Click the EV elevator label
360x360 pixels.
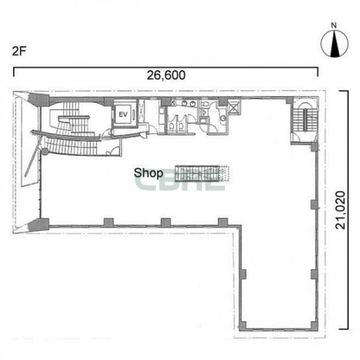123,114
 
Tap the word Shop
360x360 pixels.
148,173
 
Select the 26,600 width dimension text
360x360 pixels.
166,75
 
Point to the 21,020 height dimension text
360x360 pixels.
341,210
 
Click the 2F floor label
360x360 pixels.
19,51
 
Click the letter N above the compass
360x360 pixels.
334,26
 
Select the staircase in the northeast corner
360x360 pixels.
304,120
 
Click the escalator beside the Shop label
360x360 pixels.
202,173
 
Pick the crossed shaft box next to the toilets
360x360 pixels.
234,107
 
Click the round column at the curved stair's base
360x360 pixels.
45,152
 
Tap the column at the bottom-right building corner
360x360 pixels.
314,326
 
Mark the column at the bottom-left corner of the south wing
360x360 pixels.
242,326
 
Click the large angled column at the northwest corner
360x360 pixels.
38,99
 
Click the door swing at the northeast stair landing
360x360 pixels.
296,138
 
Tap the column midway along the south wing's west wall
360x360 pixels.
243,274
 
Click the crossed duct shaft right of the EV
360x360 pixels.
142,111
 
